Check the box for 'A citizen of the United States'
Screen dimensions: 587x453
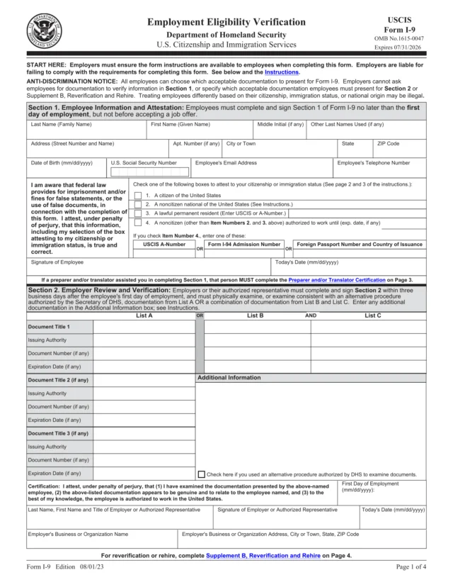tap(137, 195)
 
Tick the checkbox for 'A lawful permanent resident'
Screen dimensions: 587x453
tap(137, 212)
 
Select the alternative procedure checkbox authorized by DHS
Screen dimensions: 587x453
tap(202, 474)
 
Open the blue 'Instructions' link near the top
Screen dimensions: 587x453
tap(281, 72)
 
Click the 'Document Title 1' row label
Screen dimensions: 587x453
tap(59, 327)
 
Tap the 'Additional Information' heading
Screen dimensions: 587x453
tap(229, 378)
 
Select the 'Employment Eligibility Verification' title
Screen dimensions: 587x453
tap(226, 23)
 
